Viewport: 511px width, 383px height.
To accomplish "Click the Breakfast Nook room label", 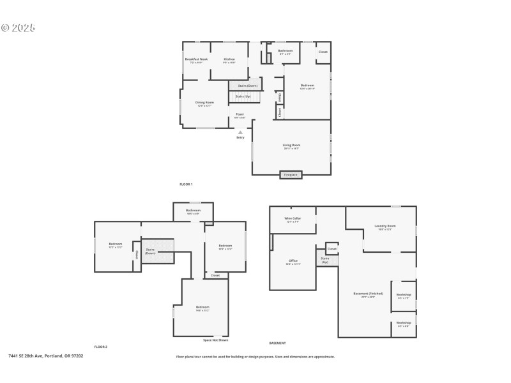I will click(x=197, y=59).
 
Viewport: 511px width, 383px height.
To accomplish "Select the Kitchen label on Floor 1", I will click(x=229, y=59).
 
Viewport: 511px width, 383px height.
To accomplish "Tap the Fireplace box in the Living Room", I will click(x=291, y=174).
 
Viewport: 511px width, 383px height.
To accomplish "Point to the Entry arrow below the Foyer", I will click(x=240, y=133).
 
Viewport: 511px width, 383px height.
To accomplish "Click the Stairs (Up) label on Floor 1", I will click(x=243, y=96).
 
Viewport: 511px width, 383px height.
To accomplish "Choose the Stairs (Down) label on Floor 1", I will click(x=247, y=86).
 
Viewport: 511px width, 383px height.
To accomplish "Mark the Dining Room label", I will click(x=204, y=102).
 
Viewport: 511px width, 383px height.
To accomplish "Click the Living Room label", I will click(x=291, y=145).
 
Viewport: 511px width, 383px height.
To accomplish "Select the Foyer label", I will click(x=240, y=114).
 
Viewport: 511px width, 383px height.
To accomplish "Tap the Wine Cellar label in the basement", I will click(x=293, y=218).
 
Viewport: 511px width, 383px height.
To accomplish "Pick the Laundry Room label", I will click(x=385, y=225).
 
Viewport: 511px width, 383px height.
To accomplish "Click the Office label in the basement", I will click(x=293, y=260).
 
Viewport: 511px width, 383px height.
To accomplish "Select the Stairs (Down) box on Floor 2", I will click(x=150, y=251).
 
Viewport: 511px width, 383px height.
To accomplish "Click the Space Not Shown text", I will click(x=215, y=340).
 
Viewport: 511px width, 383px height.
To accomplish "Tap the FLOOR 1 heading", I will click(x=186, y=184).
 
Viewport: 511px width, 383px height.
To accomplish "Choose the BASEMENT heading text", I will click(x=277, y=343).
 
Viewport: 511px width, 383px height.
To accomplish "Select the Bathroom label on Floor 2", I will click(x=193, y=211).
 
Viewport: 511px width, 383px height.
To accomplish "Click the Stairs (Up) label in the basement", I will click(x=325, y=260).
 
